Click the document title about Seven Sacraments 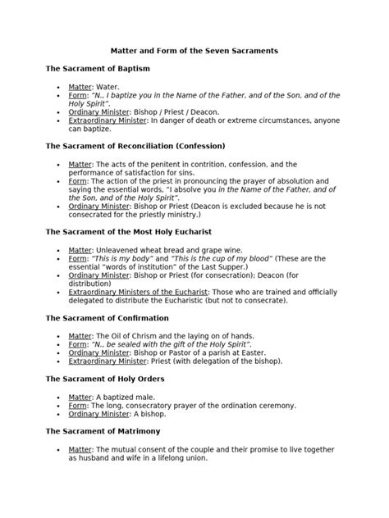[x=194, y=51]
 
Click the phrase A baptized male [x=125, y=397]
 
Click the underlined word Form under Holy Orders [x=77, y=405]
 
